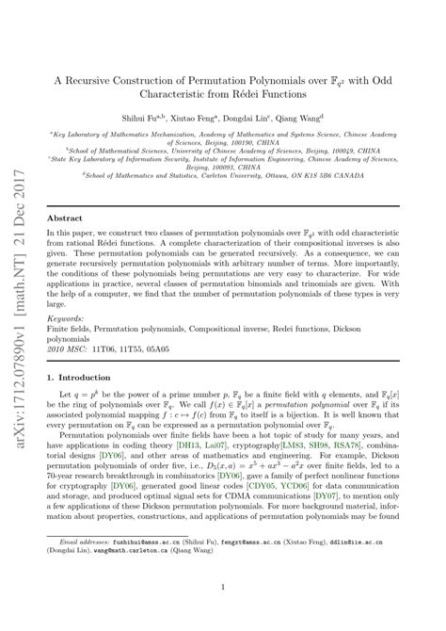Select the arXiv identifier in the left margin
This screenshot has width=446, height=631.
point(20,315)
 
